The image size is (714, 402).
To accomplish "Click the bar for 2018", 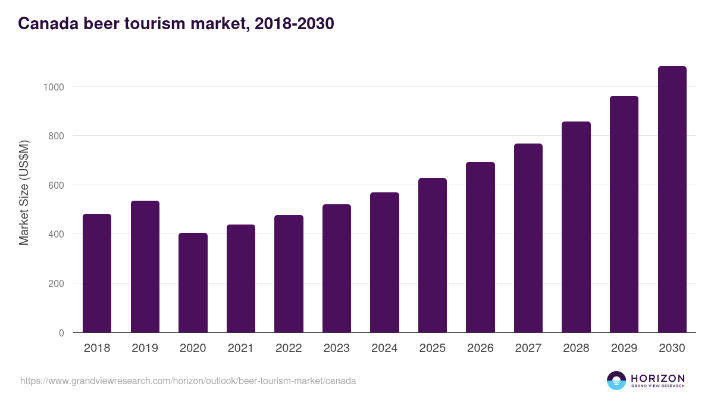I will [x=97, y=273].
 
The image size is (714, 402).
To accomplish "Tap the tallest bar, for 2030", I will [x=672, y=200].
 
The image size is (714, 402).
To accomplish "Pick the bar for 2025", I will [x=432, y=255].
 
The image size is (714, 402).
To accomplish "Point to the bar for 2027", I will [x=528, y=238].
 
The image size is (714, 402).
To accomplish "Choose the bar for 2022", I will [x=289, y=274].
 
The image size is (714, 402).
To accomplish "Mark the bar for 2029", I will [x=624, y=214].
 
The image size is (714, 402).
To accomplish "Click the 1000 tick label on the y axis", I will [x=54, y=87].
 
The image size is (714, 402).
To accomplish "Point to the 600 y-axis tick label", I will [x=56, y=185].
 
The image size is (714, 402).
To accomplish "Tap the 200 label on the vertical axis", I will [x=56, y=283].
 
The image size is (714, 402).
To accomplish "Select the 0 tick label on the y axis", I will [x=61, y=333].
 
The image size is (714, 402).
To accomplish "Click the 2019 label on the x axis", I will [x=145, y=348].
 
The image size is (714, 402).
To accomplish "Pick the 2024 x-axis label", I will [x=384, y=348].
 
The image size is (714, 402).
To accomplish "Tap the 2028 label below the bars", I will [x=576, y=348].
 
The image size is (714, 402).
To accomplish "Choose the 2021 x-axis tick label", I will [x=240, y=348].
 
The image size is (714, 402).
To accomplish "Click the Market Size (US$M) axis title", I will [x=24, y=192].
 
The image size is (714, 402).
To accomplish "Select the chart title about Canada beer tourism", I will [x=176, y=24].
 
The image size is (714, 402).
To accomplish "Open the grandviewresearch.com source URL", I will [x=188, y=381].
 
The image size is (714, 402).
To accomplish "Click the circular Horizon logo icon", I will [x=616, y=381].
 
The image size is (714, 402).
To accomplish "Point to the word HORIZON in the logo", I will [x=657, y=378].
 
